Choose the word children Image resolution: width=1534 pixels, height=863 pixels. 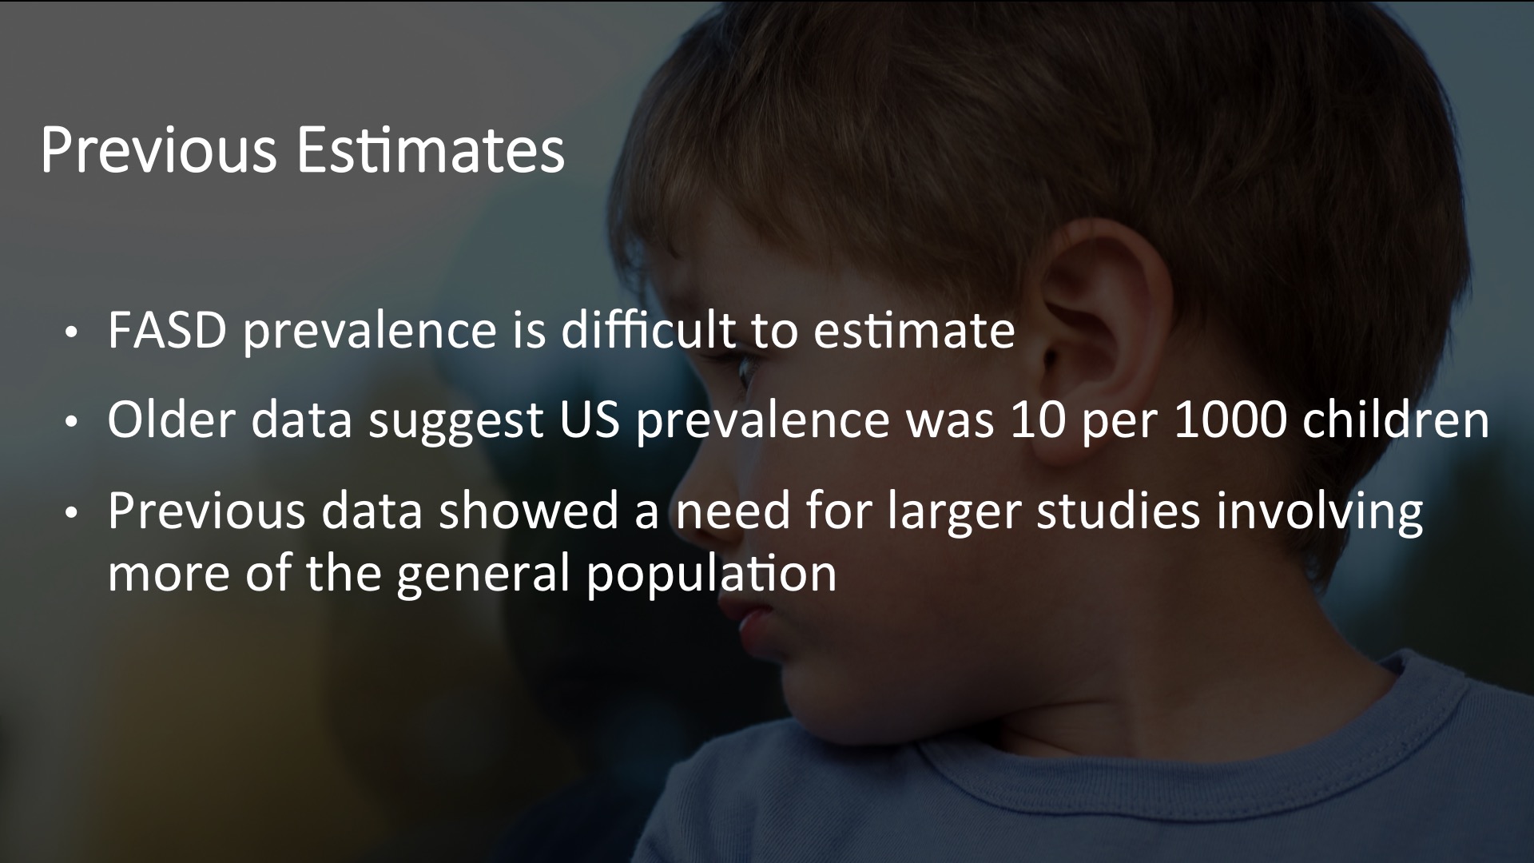[x=1396, y=420]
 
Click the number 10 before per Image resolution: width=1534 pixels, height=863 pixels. [x=1038, y=420]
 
